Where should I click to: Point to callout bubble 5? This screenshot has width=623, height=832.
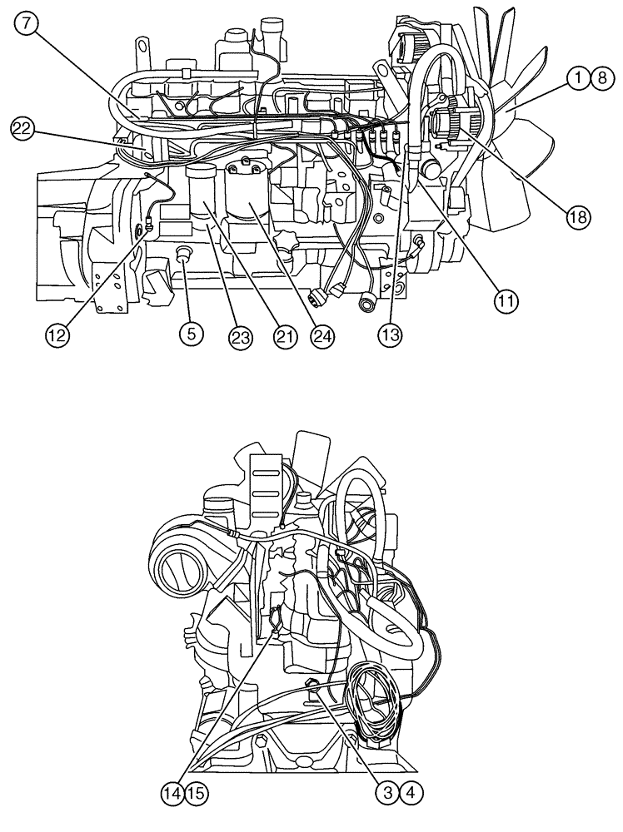click(191, 334)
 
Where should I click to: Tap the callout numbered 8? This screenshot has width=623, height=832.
click(599, 78)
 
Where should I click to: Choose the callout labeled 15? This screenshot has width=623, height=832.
click(196, 793)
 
